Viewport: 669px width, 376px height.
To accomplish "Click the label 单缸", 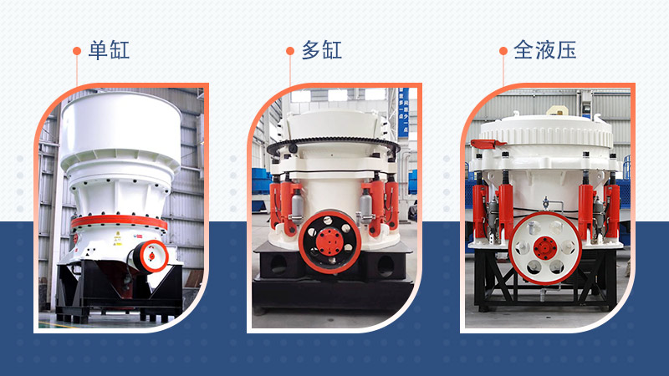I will point(110,50).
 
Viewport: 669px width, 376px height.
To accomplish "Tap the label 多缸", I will point(322,50).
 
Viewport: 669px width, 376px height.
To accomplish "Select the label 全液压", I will point(544,50).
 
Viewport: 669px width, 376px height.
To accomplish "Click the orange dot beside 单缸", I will point(77,51).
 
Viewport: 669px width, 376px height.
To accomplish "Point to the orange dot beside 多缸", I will point(289,51).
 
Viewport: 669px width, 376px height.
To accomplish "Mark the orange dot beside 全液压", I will point(503,51).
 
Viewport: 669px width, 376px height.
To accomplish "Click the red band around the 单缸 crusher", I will point(117,223).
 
